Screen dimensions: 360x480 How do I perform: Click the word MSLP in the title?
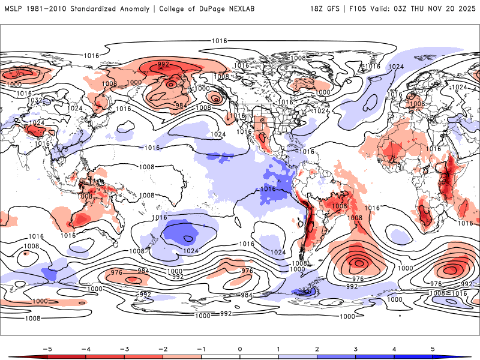coord(15,8)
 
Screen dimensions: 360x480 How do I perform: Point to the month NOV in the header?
coord(441,8)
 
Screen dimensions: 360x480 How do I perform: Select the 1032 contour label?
coord(35,100)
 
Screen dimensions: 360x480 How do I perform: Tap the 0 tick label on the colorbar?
coord(240,348)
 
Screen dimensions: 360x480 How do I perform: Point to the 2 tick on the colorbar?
coord(317,348)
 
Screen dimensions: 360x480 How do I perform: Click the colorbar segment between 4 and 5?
coord(413,356)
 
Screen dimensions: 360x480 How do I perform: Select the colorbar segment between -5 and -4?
coord(66,356)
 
